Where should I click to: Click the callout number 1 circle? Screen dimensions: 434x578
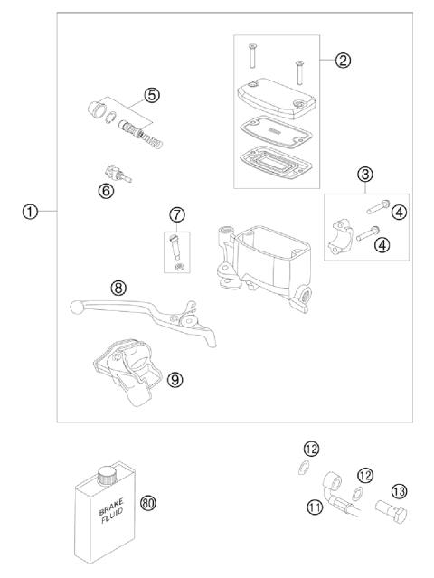click(30, 213)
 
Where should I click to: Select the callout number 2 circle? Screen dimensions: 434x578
click(343, 60)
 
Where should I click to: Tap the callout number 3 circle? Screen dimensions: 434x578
click(365, 175)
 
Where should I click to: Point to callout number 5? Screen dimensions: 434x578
click(152, 95)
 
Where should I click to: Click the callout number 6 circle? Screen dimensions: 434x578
click(106, 191)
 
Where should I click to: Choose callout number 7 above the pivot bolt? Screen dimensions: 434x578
click(177, 215)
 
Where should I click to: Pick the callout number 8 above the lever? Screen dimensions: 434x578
click(118, 289)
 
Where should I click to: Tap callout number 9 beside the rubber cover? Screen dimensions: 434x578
click(175, 379)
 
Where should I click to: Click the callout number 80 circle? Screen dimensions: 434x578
click(148, 502)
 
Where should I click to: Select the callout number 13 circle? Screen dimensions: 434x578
click(399, 491)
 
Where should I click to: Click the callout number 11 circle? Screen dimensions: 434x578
click(315, 507)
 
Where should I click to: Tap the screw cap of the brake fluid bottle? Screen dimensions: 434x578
click(106, 474)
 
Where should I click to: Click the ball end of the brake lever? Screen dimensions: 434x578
click(76, 307)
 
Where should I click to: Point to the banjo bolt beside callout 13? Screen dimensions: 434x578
click(392, 510)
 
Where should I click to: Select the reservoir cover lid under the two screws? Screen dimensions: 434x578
click(277, 98)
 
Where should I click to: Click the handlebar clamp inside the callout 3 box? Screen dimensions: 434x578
click(340, 237)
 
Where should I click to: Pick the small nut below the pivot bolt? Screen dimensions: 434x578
click(179, 265)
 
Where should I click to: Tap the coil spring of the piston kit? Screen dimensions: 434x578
click(151, 139)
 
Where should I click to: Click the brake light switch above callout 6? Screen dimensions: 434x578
click(118, 174)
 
